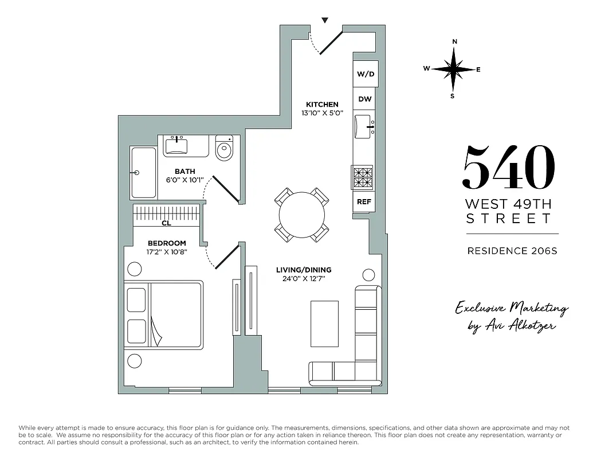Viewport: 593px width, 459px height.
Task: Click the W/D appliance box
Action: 365,74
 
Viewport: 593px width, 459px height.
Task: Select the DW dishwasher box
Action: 365,99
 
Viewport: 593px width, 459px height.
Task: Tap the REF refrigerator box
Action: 363,201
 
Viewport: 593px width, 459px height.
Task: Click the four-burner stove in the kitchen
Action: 362,177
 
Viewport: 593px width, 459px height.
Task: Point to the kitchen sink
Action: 364,126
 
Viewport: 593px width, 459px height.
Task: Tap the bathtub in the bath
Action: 143,172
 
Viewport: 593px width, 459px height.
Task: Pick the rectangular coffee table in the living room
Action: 324,324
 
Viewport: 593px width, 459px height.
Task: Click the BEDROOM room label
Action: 167,243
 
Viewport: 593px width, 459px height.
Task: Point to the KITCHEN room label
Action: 322,104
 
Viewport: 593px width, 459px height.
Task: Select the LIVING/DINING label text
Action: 304,270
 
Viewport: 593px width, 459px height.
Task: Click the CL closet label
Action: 166,224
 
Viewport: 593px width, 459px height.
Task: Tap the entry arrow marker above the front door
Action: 325,21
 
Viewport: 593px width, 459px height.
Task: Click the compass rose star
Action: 454,69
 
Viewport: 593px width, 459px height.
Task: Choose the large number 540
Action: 509,167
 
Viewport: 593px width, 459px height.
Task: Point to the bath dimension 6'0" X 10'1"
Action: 185,180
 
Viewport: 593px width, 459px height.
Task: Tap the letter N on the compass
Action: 454,41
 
